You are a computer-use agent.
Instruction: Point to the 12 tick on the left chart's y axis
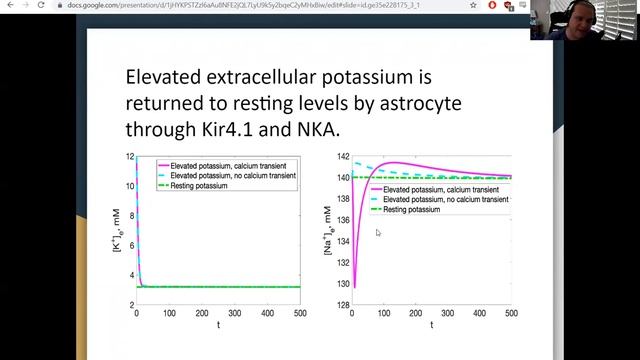(130, 158)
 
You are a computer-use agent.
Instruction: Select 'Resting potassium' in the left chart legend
(195, 186)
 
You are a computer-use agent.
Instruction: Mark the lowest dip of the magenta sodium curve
(354, 288)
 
